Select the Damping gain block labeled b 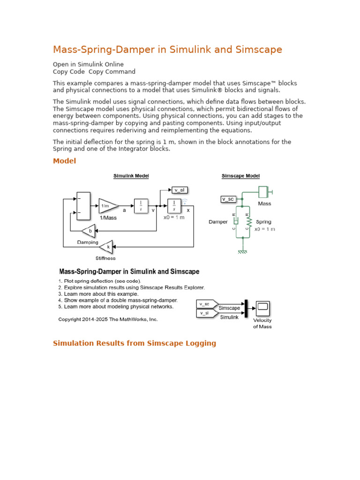[89, 231]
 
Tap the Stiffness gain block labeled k [107, 246]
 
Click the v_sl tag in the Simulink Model [179, 190]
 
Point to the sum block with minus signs [83, 206]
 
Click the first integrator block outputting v [141, 205]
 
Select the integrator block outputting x [174, 205]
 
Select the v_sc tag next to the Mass [227, 199]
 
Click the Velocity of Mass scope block [262, 307]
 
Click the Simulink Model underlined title [131, 176]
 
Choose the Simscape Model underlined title [240, 176]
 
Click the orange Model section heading [64, 161]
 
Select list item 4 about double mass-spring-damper [118, 300]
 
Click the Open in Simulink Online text [88, 64]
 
